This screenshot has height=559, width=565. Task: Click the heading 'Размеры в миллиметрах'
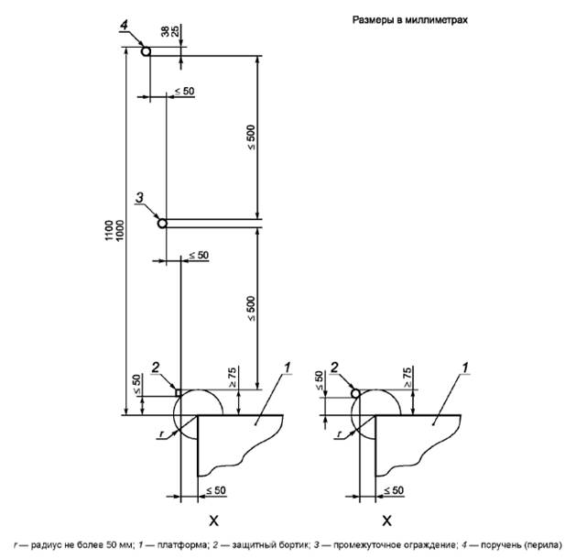(409, 20)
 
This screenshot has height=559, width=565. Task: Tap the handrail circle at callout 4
(146, 52)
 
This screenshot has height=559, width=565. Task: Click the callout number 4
(123, 27)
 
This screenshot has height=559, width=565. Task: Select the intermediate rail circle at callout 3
(162, 222)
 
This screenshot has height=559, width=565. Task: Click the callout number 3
(138, 197)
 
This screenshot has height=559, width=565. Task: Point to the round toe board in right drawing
(356, 393)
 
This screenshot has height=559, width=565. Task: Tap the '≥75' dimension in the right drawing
(406, 374)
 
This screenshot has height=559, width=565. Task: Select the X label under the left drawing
(213, 521)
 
